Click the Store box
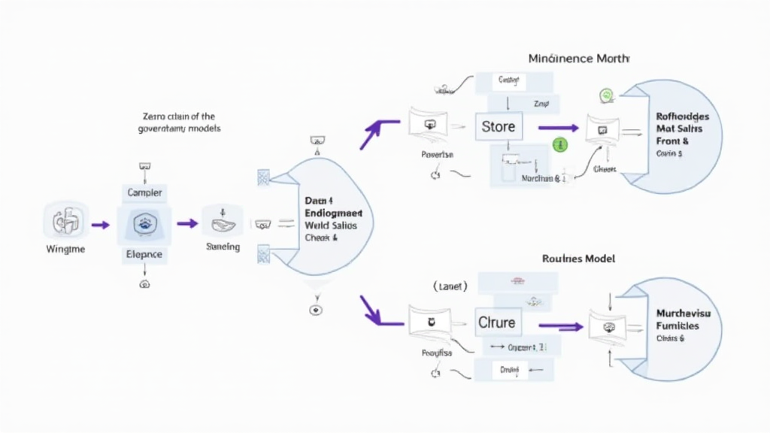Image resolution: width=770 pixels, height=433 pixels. coord(498,126)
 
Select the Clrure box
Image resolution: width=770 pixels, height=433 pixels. coord(497,323)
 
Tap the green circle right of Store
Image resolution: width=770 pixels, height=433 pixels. coord(559,145)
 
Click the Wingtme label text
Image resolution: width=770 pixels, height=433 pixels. coord(65,249)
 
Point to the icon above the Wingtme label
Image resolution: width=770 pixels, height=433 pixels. coord(66,223)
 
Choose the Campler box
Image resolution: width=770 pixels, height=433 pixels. coord(144,193)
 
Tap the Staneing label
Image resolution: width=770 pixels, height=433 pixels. coord(223,247)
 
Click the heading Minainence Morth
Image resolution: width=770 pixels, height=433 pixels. coord(578,58)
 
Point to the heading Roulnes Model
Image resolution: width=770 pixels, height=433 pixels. coord(578,258)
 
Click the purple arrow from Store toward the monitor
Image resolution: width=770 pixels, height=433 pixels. coord(558,128)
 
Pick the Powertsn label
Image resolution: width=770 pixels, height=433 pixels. coord(437,155)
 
